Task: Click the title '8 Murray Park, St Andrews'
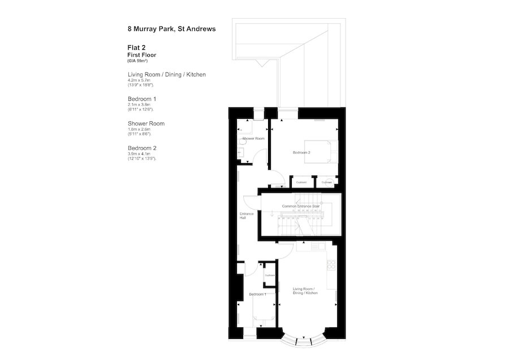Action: [x=171, y=28]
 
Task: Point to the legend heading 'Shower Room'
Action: [x=146, y=123]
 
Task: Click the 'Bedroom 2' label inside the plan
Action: [x=303, y=153]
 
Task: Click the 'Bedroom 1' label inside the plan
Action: [x=258, y=294]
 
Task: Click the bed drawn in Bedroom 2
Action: [x=320, y=151]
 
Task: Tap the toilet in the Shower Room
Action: [x=241, y=151]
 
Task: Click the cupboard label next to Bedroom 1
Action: [x=269, y=275]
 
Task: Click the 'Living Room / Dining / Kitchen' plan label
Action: [x=305, y=292]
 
